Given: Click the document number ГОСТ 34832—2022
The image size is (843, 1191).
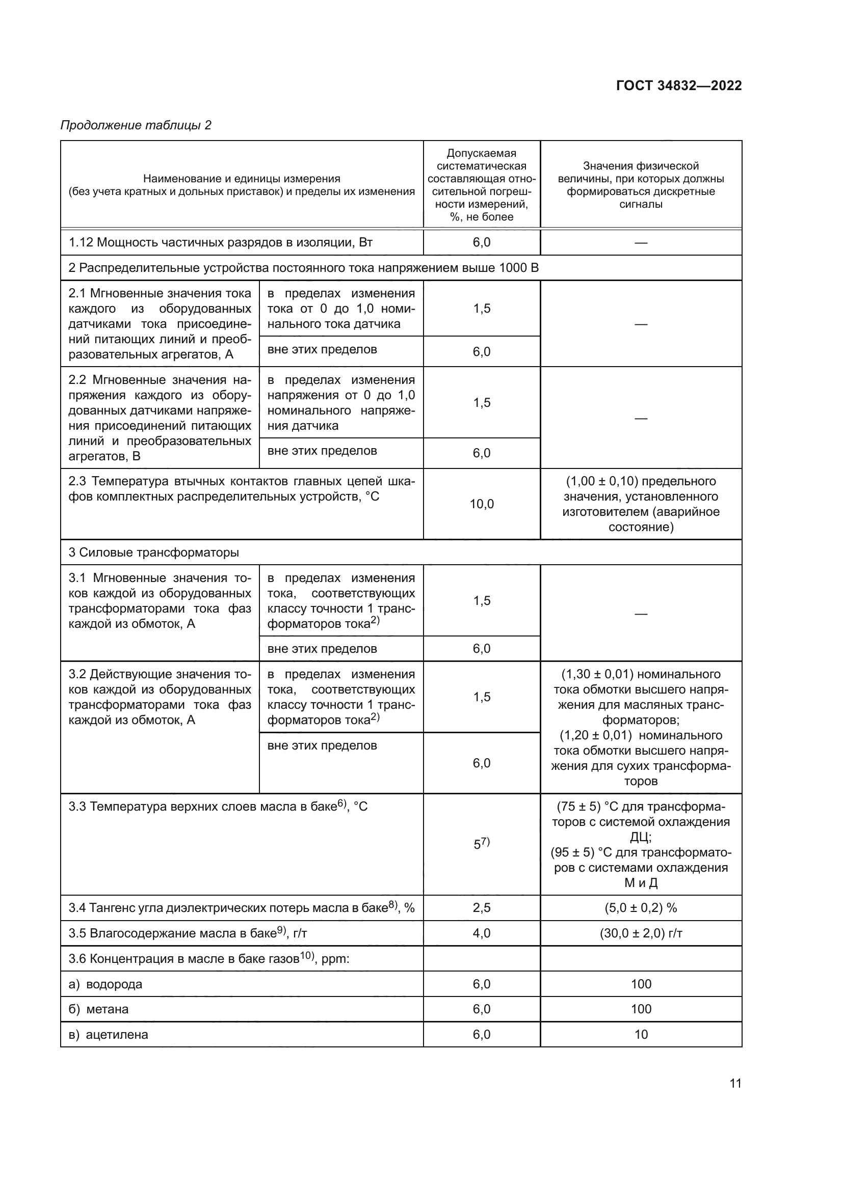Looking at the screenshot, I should click(678, 86).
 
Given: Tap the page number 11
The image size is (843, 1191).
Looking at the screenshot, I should click(735, 1083).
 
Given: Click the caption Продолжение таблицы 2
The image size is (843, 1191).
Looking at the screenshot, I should click(136, 125).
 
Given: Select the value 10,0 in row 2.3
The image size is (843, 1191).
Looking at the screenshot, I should click(481, 504).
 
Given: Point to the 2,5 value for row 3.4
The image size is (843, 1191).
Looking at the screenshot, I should click(481, 908).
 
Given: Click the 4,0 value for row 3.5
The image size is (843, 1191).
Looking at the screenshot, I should click(481, 933).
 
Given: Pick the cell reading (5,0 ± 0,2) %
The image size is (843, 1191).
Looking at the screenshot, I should click(641, 908).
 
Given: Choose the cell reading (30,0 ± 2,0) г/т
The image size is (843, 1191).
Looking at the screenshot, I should click(641, 933).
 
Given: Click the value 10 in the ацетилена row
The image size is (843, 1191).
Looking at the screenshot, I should click(641, 1034).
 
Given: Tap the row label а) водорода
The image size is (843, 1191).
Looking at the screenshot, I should click(106, 984).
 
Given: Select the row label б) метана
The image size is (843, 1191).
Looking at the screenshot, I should click(99, 1009).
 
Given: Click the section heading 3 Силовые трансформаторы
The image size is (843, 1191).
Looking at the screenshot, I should click(153, 552).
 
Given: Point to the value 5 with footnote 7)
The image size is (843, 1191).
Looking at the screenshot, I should click(481, 844).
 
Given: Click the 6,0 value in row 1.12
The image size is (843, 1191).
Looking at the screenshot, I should click(481, 242).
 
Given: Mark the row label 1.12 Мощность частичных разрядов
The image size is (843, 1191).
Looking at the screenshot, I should click(221, 242).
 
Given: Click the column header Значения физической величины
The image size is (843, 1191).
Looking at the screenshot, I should click(641, 185).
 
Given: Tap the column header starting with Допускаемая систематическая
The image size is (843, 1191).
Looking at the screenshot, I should click(481, 185).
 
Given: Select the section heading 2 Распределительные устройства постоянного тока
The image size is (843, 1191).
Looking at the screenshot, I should click(304, 268).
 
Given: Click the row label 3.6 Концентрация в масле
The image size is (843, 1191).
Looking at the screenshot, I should click(208, 959).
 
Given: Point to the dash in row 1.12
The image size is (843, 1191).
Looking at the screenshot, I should click(641, 243).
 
